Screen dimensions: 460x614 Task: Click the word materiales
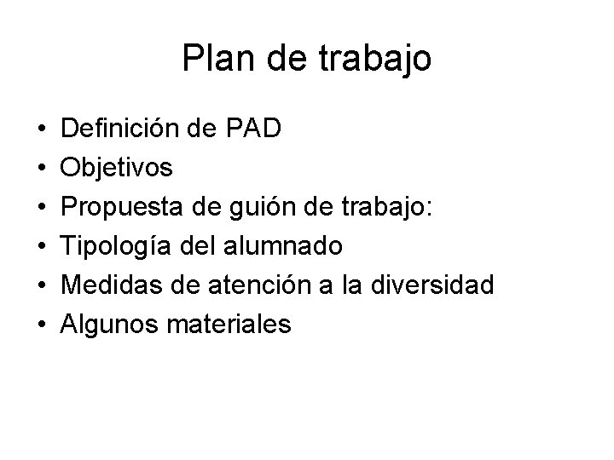pyautogui.click(x=236, y=325)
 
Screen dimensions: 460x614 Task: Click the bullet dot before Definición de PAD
pyautogui.click(x=42, y=131)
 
